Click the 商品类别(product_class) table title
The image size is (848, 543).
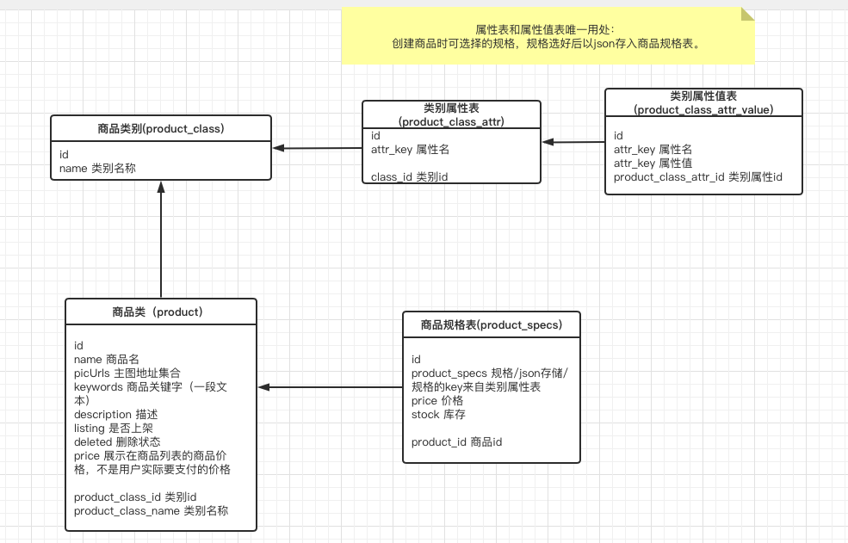point(160,128)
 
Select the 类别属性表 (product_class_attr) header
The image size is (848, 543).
point(451,114)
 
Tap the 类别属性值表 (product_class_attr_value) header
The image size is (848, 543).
point(703,102)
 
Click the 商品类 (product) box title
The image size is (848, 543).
point(160,312)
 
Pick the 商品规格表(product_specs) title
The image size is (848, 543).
point(491,324)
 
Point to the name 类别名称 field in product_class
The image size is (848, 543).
point(97,169)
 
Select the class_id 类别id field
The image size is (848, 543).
point(409,176)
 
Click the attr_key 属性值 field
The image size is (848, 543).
point(653,163)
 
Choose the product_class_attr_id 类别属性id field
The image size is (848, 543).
point(697,177)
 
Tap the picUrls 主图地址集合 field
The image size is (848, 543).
point(127,373)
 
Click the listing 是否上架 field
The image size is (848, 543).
point(114,428)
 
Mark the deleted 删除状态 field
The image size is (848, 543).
point(117,441)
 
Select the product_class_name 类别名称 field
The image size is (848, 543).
point(151,510)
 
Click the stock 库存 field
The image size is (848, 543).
point(438,414)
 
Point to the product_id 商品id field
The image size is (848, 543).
point(456,441)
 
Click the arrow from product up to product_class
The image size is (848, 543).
point(160,241)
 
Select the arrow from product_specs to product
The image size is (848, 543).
point(331,387)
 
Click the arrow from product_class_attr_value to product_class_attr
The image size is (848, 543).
point(573,141)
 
